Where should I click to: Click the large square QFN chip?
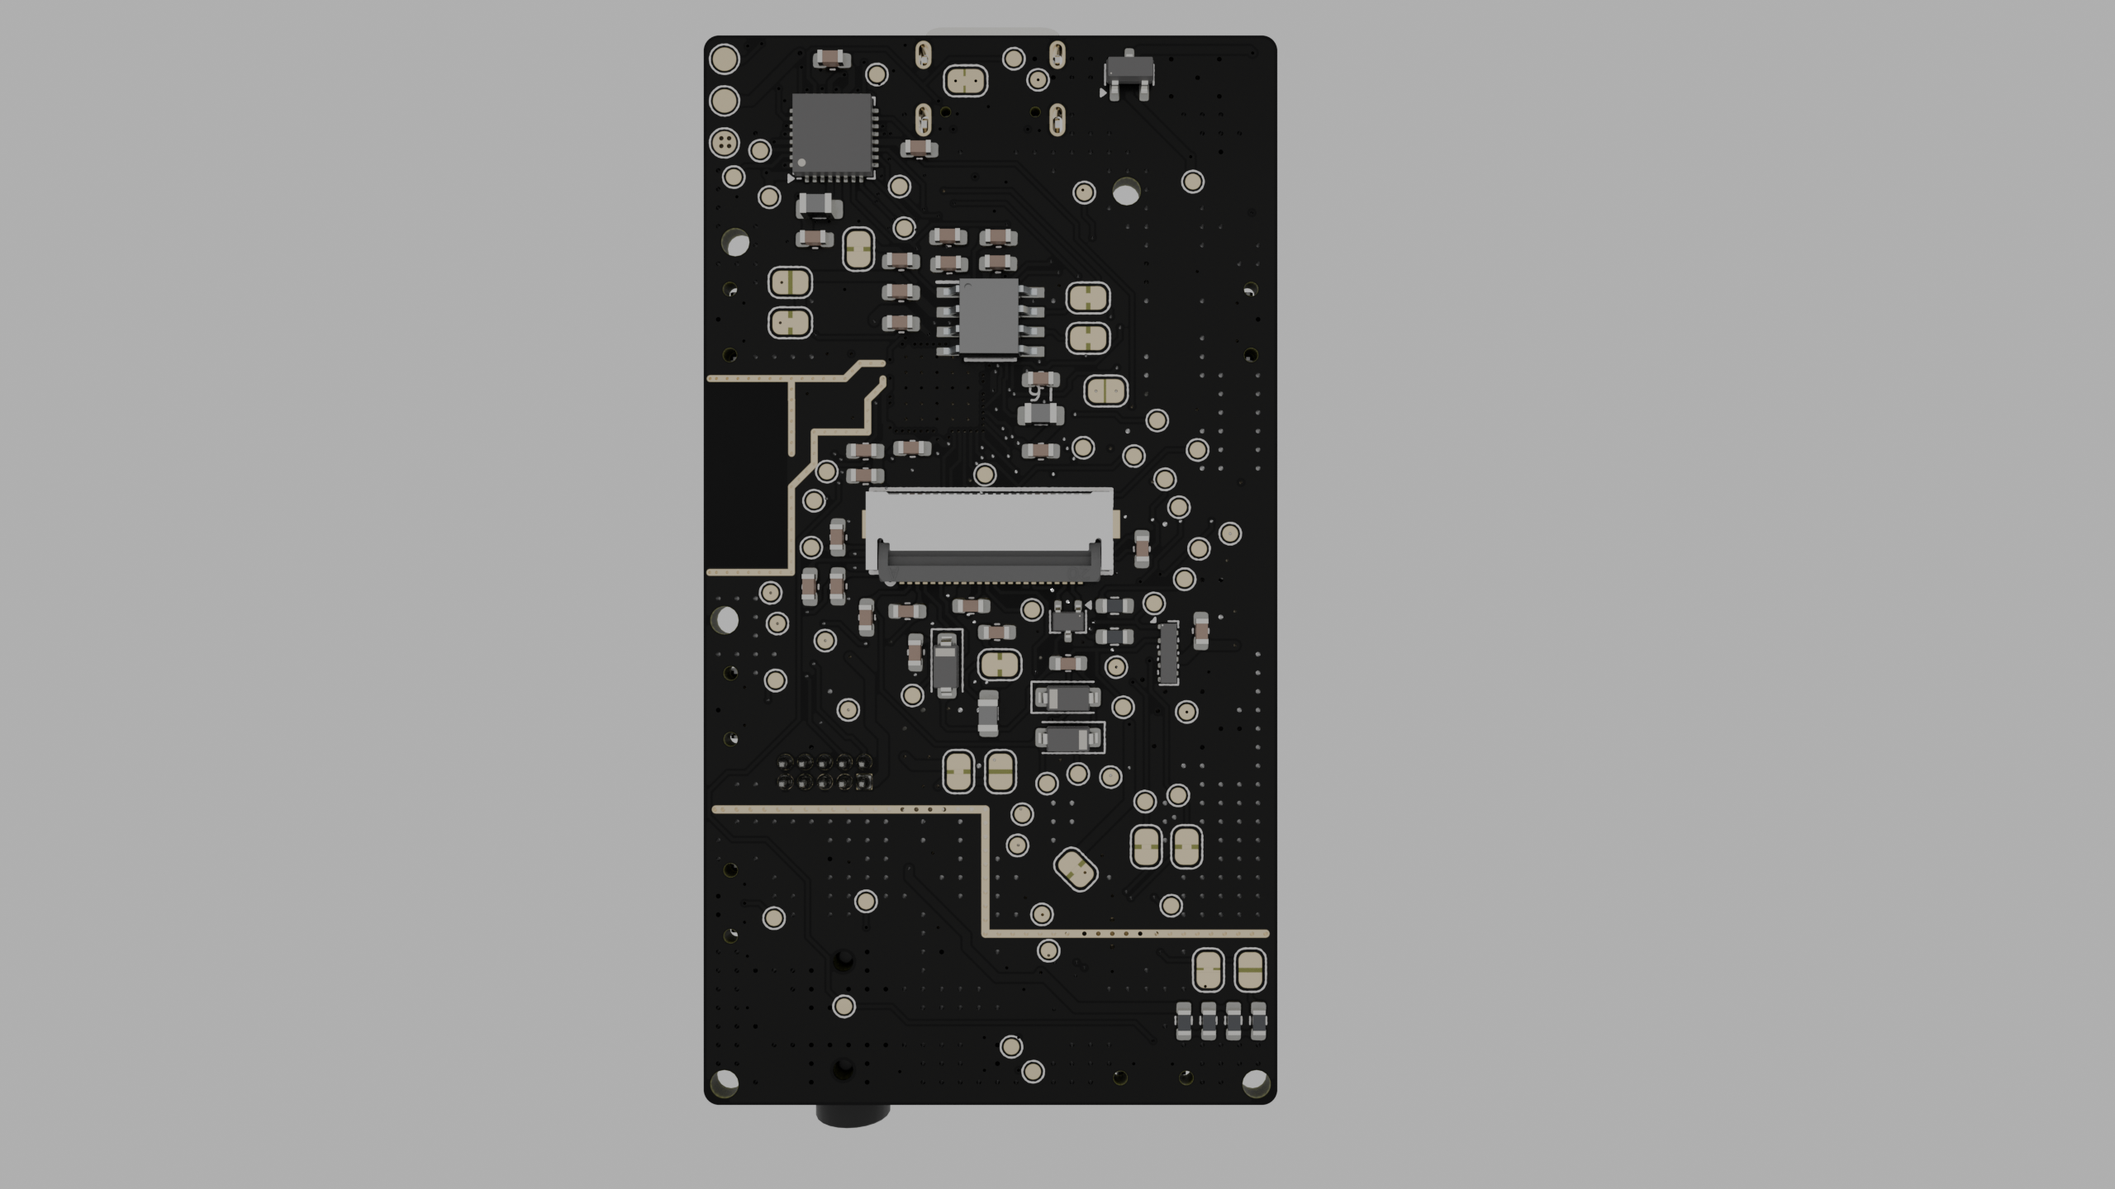[831, 135]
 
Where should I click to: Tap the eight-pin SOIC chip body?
[988, 318]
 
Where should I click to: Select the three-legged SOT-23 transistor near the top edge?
[1129, 74]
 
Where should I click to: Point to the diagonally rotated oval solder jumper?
[1076, 869]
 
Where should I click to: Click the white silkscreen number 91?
[1040, 393]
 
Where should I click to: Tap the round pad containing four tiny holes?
[725, 143]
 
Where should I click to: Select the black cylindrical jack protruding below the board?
[852, 1115]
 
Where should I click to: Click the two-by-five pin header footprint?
[824, 772]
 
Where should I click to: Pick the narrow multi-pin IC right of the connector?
[1167, 653]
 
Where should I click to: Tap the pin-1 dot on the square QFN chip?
[801, 163]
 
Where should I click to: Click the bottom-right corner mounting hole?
[1254, 1081]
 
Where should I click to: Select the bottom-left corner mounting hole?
[725, 1080]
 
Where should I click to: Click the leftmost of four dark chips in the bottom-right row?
[1183, 1022]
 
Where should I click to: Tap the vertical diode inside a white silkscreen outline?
[945, 662]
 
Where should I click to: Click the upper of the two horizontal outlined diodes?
[1066, 699]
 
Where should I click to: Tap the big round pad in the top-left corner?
[725, 59]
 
